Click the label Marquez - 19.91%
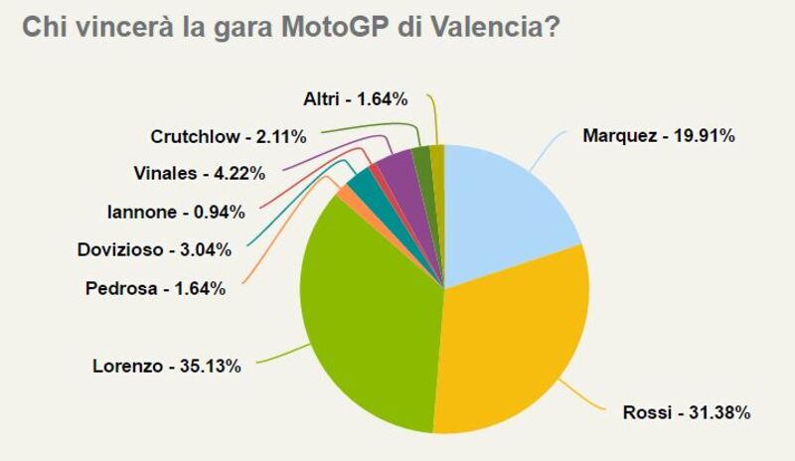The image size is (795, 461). (658, 136)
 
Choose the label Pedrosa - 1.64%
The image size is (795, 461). (155, 289)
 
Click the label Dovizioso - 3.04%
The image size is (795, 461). (154, 249)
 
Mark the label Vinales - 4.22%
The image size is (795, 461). (199, 173)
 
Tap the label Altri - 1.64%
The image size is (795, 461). (355, 98)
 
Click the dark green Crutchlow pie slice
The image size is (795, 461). (421, 159)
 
